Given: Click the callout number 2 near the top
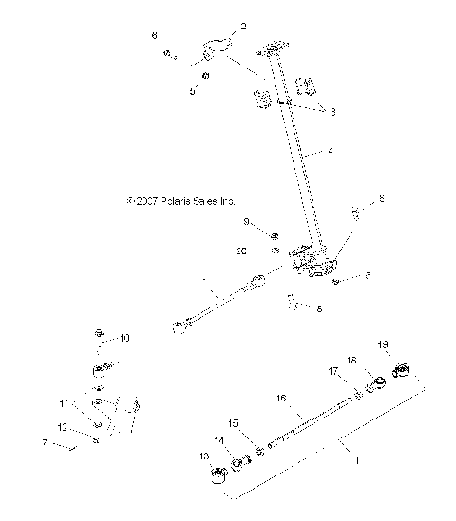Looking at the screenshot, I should click(x=242, y=28).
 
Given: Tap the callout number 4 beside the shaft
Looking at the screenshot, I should click(x=330, y=150).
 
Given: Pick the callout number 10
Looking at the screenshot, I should click(x=124, y=338).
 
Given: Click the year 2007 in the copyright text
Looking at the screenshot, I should click(x=144, y=202).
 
